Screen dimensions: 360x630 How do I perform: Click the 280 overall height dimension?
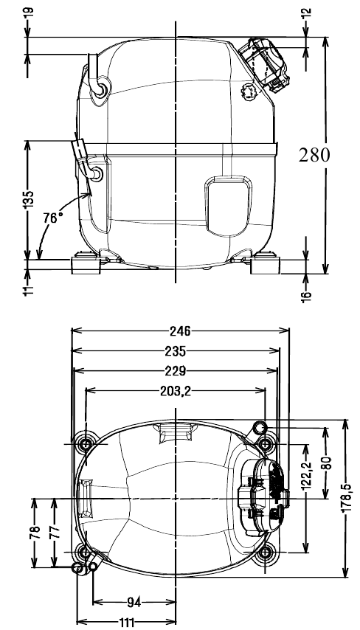[x=314, y=155]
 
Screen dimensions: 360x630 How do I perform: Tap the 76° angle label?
[x=53, y=218]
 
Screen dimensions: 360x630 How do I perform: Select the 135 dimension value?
[x=28, y=199]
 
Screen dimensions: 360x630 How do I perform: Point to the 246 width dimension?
[x=179, y=331]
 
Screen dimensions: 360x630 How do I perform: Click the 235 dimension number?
[x=176, y=351]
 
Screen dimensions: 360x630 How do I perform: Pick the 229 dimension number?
[x=176, y=371]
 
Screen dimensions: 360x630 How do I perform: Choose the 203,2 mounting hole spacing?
[x=175, y=390]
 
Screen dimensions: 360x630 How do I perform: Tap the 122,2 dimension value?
[x=307, y=475]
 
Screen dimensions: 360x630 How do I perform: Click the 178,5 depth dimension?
[x=346, y=499]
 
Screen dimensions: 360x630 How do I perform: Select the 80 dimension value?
[x=325, y=463]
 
